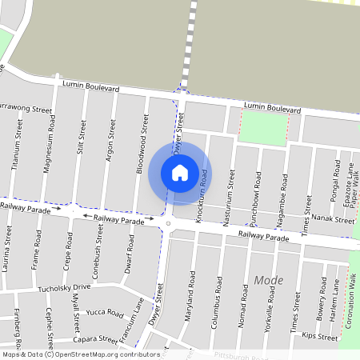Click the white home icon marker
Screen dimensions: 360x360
[x=180, y=172]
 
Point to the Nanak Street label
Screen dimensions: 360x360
[x=334, y=219]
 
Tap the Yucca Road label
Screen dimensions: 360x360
[x=104, y=313]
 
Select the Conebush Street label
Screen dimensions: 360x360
[x=99, y=246]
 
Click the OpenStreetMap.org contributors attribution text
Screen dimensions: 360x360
[x=102, y=354]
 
